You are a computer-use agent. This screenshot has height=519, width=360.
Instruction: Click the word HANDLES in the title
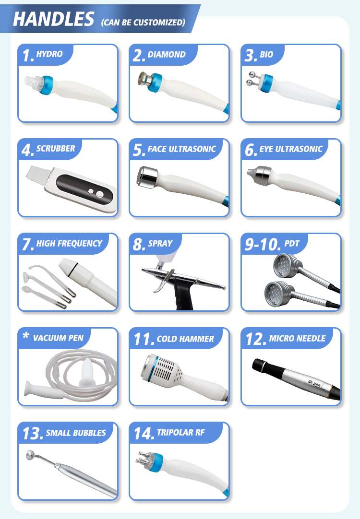[x=54, y=19]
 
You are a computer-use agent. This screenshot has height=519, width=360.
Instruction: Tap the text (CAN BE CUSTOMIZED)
[x=143, y=23]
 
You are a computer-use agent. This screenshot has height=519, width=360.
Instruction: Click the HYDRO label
[x=49, y=54]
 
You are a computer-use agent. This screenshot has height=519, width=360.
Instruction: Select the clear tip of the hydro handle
[x=34, y=83]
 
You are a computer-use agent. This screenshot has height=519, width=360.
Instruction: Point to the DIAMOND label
[x=167, y=54]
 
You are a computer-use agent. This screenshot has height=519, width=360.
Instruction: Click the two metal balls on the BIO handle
[x=252, y=79]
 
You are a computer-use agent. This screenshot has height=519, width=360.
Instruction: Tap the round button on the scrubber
[x=99, y=194]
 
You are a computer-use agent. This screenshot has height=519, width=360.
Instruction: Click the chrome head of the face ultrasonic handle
[x=147, y=177]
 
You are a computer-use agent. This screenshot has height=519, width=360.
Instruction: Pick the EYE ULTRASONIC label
[x=291, y=149]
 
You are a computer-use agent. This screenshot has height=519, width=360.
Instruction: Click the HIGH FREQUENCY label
[x=69, y=244]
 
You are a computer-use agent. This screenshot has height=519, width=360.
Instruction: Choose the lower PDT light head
[x=277, y=294]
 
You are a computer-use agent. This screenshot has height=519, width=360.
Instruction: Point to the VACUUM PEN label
[x=58, y=338]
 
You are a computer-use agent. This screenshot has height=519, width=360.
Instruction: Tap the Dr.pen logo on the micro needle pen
[x=314, y=383]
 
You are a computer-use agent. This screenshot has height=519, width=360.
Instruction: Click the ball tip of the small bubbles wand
[x=30, y=455]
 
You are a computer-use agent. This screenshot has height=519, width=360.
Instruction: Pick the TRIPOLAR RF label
[x=180, y=432]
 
